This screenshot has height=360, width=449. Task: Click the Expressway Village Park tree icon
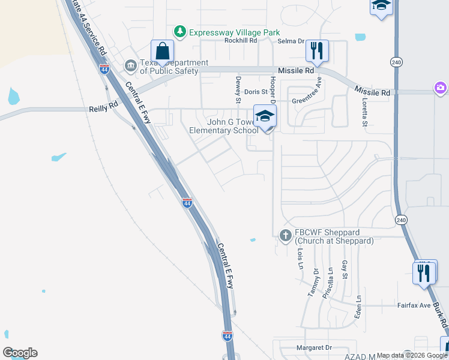(179, 31)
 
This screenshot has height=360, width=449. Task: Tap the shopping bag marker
(162, 51)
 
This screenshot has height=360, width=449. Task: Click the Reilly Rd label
(103, 109)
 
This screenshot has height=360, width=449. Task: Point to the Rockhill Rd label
(240, 41)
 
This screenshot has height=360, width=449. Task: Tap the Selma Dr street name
(291, 41)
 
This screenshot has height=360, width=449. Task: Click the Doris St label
(256, 92)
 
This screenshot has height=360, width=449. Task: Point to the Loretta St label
(364, 113)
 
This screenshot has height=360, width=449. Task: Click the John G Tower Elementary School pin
(264, 116)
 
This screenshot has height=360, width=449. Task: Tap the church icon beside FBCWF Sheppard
(286, 236)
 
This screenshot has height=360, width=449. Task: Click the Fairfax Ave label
(414, 305)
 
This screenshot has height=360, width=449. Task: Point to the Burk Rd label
(442, 315)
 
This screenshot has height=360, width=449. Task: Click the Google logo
(20, 353)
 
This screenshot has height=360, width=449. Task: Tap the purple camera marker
(441, 88)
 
